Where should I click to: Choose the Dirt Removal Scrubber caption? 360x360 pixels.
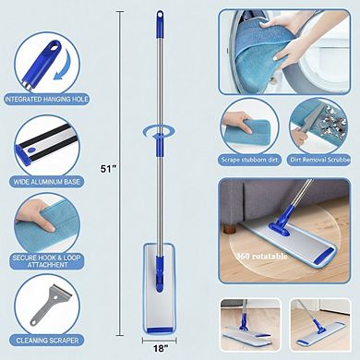point(323,156)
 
